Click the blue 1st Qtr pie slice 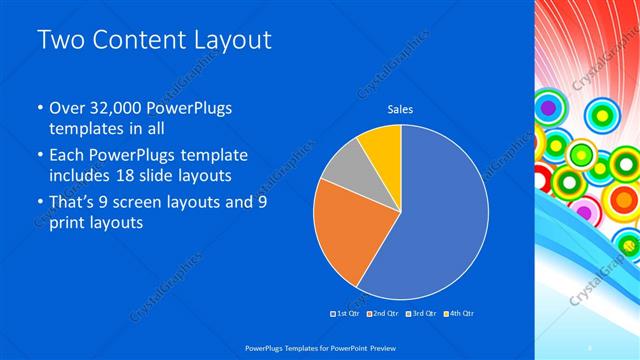[445, 215]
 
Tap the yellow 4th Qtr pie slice [383, 146]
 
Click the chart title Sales [401, 110]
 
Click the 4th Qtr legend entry [459, 314]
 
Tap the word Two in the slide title [61, 40]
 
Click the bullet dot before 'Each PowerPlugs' [39, 156]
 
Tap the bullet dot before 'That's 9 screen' [39, 204]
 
